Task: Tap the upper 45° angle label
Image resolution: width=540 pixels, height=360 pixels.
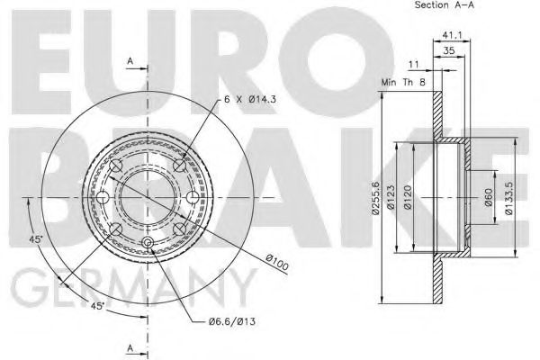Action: point(35,238)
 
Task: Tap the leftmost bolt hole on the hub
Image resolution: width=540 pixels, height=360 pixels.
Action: point(103,199)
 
